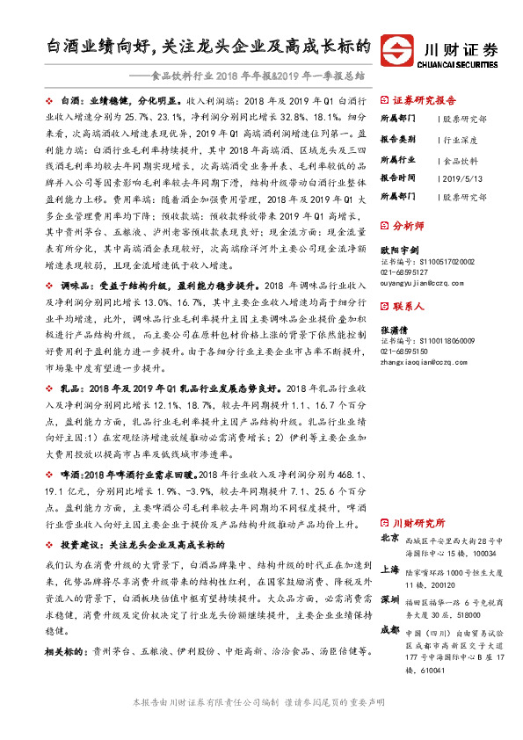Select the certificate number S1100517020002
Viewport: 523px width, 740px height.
coord(443,262)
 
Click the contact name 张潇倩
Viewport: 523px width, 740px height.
coord(395,330)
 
